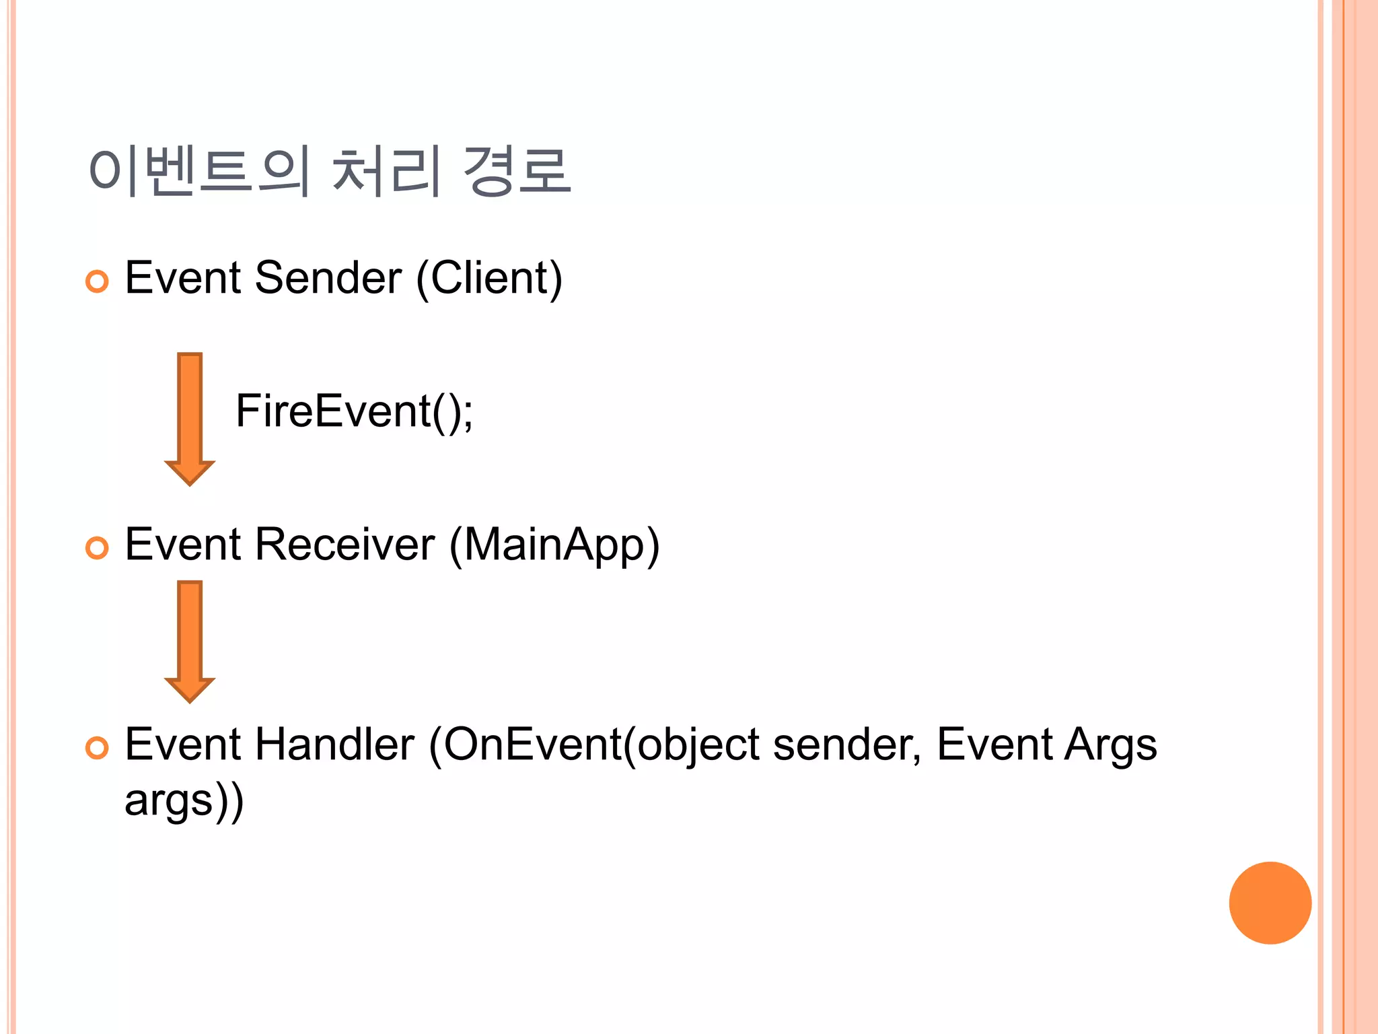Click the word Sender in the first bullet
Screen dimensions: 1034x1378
pos(328,278)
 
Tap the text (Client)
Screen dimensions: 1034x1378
pos(489,278)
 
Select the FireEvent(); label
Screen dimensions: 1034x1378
pos(354,411)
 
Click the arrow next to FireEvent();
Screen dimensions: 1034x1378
pos(190,417)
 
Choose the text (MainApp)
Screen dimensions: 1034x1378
pos(554,545)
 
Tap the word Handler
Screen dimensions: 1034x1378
pos(334,745)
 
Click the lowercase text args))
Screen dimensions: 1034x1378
pos(184,801)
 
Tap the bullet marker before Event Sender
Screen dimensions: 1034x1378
pos(98,281)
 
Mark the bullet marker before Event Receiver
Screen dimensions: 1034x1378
pos(98,548)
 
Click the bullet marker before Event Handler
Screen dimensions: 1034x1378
pos(98,748)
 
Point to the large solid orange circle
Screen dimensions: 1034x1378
pos(1270,903)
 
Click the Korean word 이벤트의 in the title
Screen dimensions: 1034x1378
pos(200,171)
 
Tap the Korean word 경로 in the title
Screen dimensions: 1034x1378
pos(517,171)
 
